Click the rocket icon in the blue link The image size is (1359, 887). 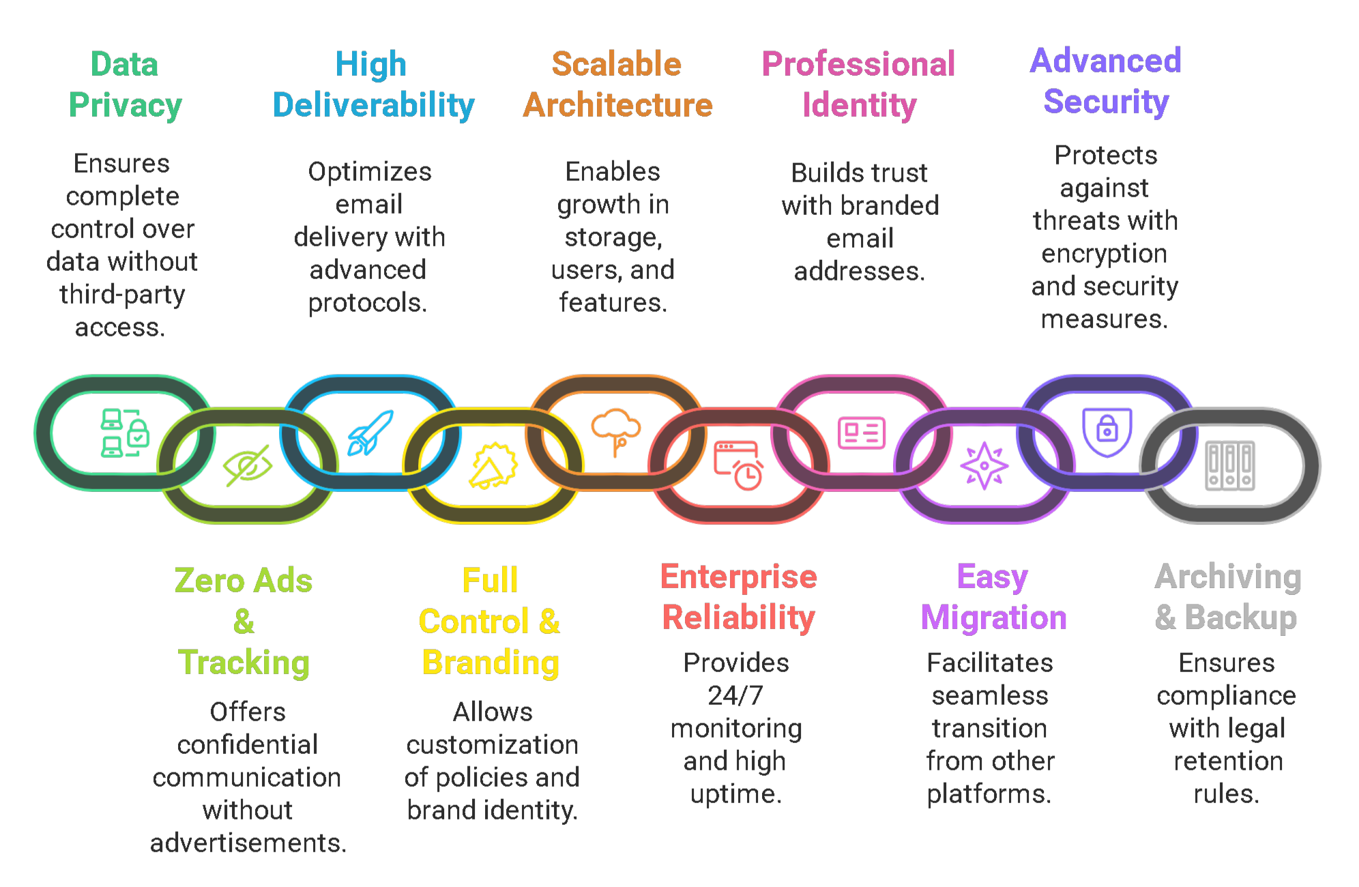[370, 433]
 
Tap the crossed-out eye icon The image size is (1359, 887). [248, 466]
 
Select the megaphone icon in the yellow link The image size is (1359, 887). [493, 466]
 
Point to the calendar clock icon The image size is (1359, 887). [739, 466]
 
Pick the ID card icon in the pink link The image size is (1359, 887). [862, 433]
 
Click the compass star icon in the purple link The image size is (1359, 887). [984, 466]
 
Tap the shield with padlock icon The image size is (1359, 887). [1107, 432]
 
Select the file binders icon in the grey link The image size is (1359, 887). [1230, 466]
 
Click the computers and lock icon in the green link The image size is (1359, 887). [125, 433]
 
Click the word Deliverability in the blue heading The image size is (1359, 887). [373, 105]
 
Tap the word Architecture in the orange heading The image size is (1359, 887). [617, 105]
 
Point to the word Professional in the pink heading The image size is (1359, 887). [858, 64]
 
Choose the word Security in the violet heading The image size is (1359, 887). [1106, 102]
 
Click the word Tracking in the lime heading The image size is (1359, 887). [244, 663]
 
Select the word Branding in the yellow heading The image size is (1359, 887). [491, 663]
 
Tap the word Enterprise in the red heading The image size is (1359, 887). [738, 577]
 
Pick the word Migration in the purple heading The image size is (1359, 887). [993, 617]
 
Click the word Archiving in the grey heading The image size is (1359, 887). [1228, 577]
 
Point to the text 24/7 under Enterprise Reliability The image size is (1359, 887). [735, 695]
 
